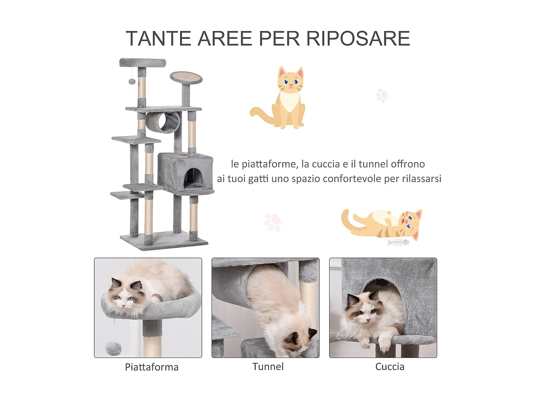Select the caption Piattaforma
point(152,367)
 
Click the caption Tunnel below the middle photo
point(268,366)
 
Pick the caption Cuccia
point(390,366)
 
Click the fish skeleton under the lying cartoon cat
point(398,242)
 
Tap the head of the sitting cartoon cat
point(291,81)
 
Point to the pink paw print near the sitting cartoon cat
point(382,96)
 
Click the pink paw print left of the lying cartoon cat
point(273,222)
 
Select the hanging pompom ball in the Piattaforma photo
point(113,348)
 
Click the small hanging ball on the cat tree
point(132,82)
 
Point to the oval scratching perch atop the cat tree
point(186,77)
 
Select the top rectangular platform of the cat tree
point(143,63)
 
